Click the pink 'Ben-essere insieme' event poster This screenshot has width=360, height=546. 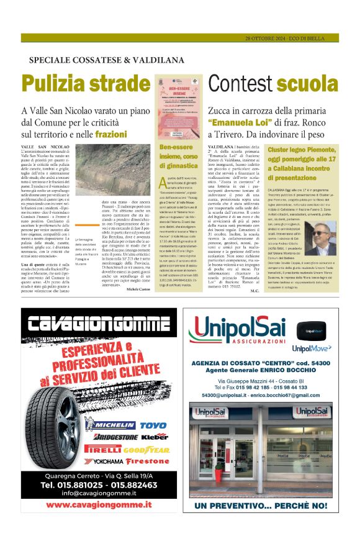178,107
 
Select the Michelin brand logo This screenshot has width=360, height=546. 112,425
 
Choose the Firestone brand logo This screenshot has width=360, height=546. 147,461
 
